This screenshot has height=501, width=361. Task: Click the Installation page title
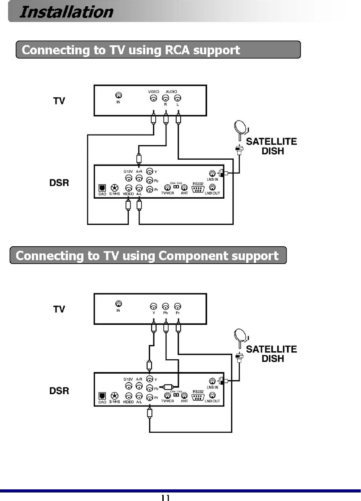click(66, 12)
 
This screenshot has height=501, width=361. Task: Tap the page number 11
click(165, 497)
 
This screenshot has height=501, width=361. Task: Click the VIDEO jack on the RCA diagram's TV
click(153, 98)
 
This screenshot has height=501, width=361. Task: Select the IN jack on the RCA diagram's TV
click(118, 95)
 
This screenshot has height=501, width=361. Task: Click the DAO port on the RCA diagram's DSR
click(102, 189)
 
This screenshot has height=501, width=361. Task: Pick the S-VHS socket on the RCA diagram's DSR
click(115, 189)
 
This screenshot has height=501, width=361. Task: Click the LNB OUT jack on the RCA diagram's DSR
click(213, 187)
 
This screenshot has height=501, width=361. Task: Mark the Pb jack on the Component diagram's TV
click(165, 306)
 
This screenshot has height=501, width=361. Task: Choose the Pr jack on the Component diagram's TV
click(178, 306)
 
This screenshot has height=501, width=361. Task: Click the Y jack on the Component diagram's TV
click(154, 306)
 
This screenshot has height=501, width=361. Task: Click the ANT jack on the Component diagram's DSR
click(184, 395)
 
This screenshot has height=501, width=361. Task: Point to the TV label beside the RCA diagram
click(59, 101)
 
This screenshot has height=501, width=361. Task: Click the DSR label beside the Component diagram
click(59, 391)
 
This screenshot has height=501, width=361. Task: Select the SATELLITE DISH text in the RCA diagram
click(272, 146)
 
